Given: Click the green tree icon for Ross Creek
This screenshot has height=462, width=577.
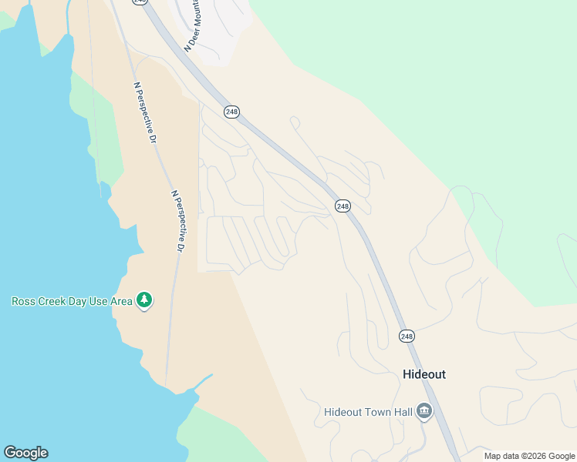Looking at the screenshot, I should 143,300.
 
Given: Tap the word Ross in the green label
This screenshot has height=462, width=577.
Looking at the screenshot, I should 24,301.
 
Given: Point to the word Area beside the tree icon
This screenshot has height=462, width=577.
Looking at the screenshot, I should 121,301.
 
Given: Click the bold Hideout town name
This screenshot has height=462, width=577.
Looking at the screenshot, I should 424,374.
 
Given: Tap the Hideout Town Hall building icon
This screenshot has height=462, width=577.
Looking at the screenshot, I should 423,412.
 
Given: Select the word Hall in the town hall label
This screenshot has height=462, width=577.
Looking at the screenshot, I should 399,412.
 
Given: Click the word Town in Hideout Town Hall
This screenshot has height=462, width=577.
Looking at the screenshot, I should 372,412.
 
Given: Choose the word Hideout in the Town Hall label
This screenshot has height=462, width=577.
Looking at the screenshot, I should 340,412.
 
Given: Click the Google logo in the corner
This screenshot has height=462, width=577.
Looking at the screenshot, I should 25,452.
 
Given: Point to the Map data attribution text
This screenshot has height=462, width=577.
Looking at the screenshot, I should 501,456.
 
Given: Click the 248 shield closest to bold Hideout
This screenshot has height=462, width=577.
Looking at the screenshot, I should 407,336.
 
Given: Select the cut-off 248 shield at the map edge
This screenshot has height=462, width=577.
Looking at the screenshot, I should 139,2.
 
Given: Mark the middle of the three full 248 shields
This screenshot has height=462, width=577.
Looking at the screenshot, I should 342,206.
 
